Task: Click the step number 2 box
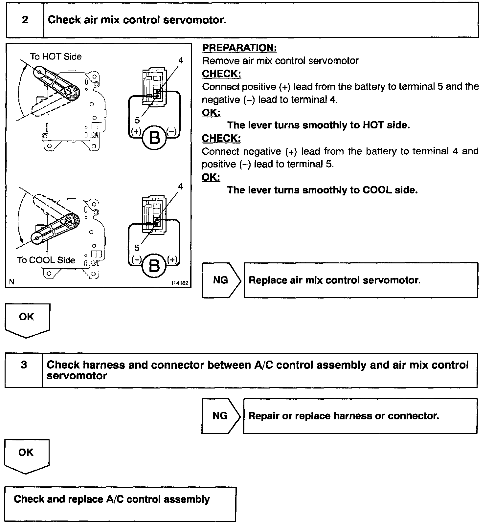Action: click(x=25, y=20)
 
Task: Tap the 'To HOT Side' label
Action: click(x=56, y=57)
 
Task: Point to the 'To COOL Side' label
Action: click(x=46, y=260)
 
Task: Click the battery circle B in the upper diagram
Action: click(x=154, y=138)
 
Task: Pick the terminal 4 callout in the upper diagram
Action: click(x=180, y=60)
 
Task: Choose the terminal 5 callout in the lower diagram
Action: click(x=137, y=248)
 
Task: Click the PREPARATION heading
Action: click(x=239, y=48)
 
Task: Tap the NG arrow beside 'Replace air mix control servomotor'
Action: click(x=221, y=280)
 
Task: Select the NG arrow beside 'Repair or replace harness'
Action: click(x=220, y=416)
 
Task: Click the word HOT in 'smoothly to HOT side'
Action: click(x=372, y=125)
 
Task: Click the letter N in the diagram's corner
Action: click(x=12, y=282)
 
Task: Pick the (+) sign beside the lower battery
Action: click(x=172, y=259)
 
